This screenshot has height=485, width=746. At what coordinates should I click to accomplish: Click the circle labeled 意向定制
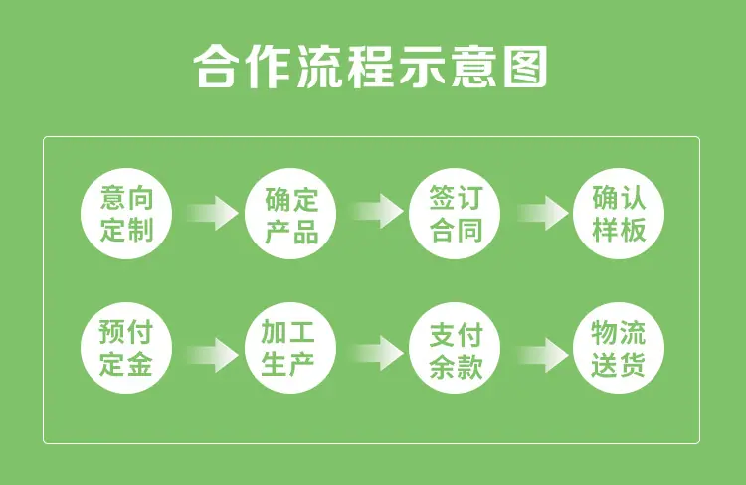pyautogui.click(x=126, y=214)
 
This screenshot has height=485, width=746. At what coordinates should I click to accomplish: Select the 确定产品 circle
pyautogui.click(x=290, y=214)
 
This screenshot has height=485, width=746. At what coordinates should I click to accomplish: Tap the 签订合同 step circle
pyautogui.click(x=455, y=214)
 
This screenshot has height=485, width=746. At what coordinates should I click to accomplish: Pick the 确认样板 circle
pyautogui.click(x=619, y=214)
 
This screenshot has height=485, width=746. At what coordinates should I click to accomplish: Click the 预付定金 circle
pyautogui.click(x=126, y=348)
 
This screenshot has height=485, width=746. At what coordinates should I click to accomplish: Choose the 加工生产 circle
pyautogui.click(x=290, y=348)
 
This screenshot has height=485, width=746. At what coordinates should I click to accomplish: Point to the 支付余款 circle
pyautogui.click(x=455, y=348)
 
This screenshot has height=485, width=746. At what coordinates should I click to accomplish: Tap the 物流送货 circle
pyautogui.click(x=619, y=348)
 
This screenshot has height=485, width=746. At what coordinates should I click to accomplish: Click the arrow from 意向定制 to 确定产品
pyautogui.click(x=213, y=213)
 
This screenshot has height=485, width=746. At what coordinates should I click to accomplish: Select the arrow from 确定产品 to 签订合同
pyautogui.click(x=377, y=211)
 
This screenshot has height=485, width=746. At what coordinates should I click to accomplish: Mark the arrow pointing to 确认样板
pyautogui.click(x=542, y=213)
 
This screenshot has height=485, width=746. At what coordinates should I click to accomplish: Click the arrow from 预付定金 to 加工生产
pyautogui.click(x=213, y=355)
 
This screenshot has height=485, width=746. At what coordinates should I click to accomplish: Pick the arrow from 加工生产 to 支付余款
pyautogui.click(x=377, y=353)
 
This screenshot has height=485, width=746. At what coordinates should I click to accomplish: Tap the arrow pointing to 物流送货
pyautogui.click(x=542, y=355)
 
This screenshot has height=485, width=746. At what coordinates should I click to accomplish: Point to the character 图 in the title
pyautogui.click(x=525, y=66)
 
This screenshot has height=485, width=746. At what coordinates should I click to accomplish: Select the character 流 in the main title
pyautogui.click(x=319, y=66)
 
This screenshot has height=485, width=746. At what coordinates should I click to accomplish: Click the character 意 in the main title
pyautogui.click(x=473, y=66)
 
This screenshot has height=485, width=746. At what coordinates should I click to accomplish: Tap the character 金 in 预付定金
pyautogui.click(x=139, y=364)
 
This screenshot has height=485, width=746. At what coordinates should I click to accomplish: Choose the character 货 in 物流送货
pyautogui.click(x=632, y=365)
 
